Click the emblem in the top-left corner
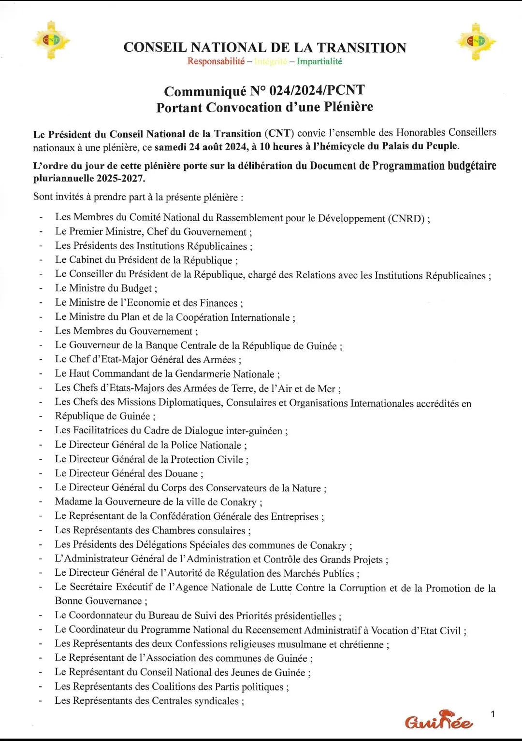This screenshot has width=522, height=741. click(51, 41)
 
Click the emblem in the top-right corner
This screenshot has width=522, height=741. click(476, 42)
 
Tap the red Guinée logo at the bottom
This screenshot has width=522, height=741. click(438, 721)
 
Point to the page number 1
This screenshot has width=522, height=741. click(493, 714)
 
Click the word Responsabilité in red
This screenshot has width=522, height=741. click(216, 61)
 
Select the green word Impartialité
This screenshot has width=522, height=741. click(319, 61)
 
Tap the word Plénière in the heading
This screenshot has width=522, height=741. click(348, 107)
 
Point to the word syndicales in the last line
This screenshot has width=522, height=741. click(217, 700)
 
